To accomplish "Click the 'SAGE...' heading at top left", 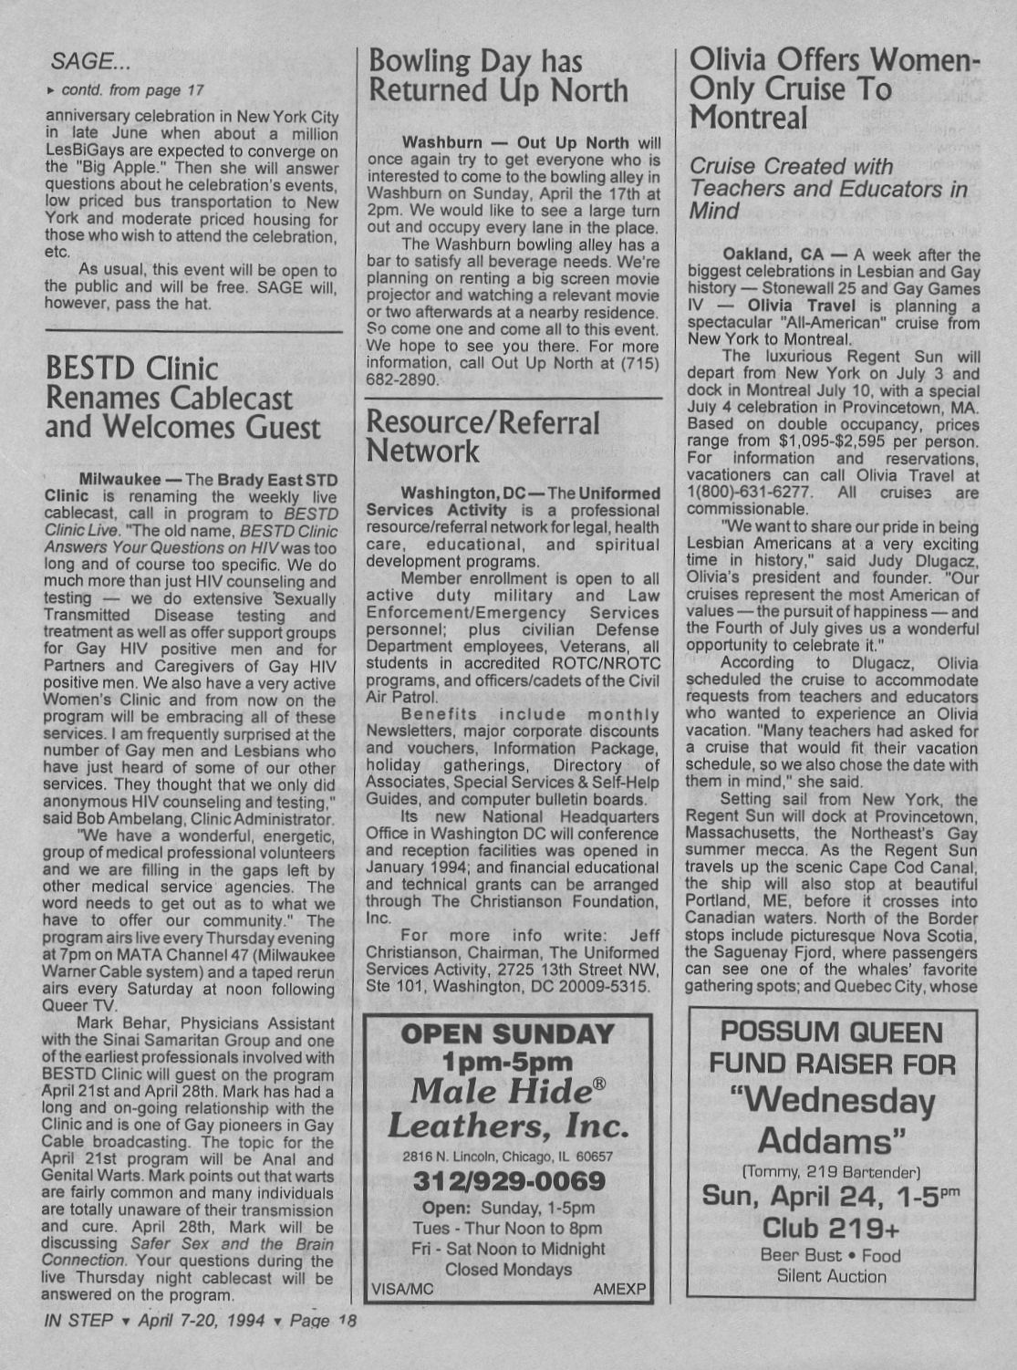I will click(91, 61).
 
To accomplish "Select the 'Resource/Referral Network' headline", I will click(483, 437).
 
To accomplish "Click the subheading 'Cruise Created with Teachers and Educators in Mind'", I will click(828, 189).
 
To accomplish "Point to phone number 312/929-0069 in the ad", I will click(509, 1182).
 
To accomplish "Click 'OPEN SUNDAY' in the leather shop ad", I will click(508, 1034).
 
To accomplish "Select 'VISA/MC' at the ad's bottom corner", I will click(402, 1290).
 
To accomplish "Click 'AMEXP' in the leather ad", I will click(618, 1290).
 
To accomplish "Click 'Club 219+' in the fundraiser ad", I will click(831, 1227).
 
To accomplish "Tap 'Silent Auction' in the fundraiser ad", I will click(831, 1276).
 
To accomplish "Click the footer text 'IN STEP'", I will click(78, 1321).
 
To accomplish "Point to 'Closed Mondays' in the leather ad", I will click(508, 1269).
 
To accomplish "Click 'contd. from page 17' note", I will click(131, 90).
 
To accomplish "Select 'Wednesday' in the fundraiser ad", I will click(831, 1101).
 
